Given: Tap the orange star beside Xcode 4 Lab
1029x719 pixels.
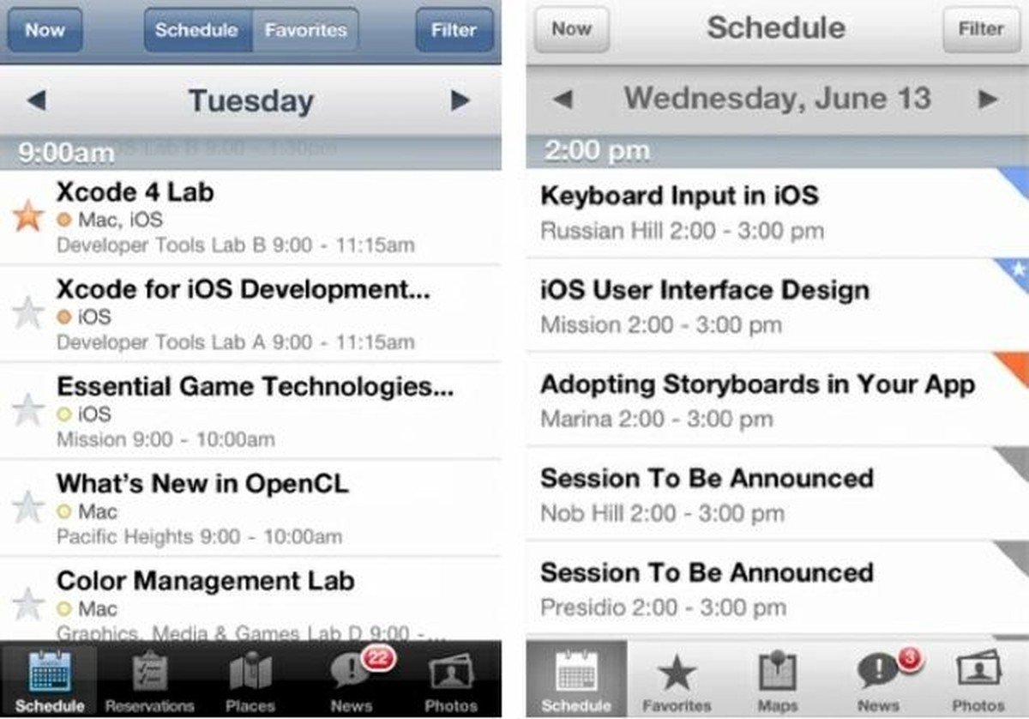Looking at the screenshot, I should click(28, 215).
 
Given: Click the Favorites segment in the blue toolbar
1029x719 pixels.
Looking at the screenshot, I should click(305, 30).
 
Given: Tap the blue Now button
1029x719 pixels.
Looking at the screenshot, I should click(45, 30).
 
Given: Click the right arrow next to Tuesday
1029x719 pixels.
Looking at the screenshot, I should click(460, 101).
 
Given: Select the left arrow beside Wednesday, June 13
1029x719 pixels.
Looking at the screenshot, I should click(563, 99).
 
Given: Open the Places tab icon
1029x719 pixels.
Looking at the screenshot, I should click(250, 671).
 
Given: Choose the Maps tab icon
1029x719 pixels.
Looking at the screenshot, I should click(778, 670).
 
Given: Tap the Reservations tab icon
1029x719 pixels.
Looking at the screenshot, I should click(150, 671).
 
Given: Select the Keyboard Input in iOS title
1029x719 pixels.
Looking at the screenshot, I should click(679, 196).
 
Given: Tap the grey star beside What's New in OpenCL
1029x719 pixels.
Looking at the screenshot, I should click(28, 506).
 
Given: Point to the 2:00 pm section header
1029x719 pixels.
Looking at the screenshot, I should click(597, 152).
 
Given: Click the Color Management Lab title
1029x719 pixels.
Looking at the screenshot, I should click(205, 581).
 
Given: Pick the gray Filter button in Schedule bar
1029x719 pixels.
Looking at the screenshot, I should click(981, 29).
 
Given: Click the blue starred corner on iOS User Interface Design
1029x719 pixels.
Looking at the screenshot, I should click(1017, 269).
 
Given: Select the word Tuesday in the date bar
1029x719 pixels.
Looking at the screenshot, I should click(251, 101).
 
